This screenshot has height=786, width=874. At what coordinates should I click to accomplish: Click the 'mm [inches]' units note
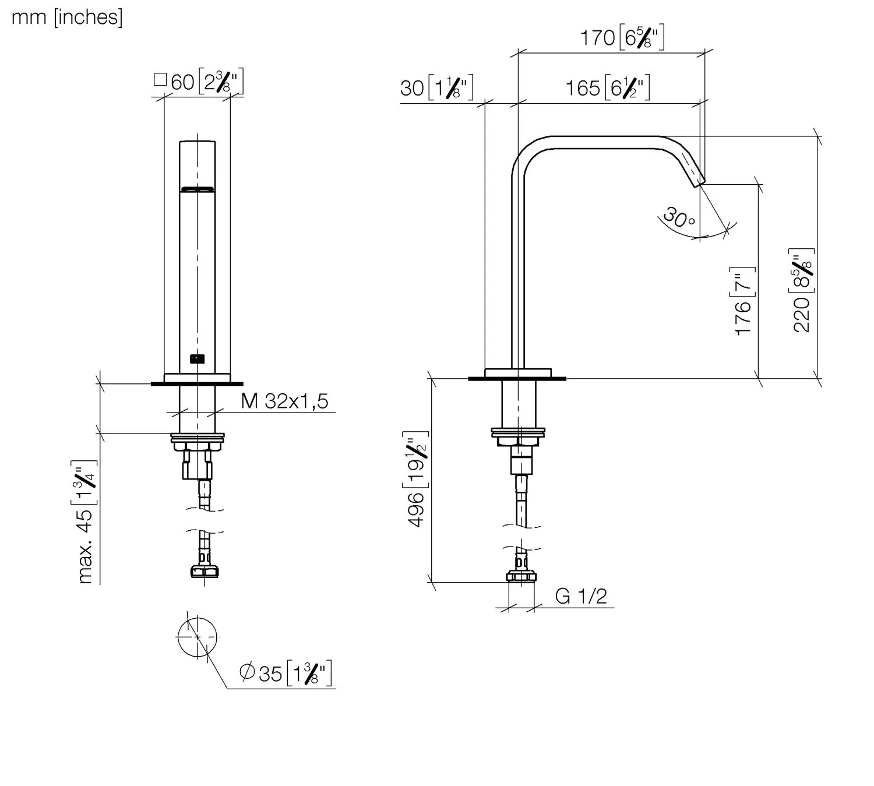click(67, 18)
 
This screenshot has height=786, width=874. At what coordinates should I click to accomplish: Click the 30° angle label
click(678, 218)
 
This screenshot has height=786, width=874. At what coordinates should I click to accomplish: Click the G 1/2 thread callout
click(581, 597)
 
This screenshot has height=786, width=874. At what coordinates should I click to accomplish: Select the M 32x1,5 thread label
click(284, 401)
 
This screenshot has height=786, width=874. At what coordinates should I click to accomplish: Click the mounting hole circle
click(198, 637)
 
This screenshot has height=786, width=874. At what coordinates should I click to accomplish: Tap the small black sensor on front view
click(198, 358)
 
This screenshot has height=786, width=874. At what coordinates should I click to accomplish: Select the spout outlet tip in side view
click(699, 183)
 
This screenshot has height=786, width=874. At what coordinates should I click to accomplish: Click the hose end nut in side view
click(521, 577)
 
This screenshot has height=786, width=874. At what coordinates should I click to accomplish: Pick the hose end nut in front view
click(205, 571)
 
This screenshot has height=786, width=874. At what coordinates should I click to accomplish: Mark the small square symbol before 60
click(160, 79)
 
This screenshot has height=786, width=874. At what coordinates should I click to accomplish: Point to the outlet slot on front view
click(198, 189)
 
